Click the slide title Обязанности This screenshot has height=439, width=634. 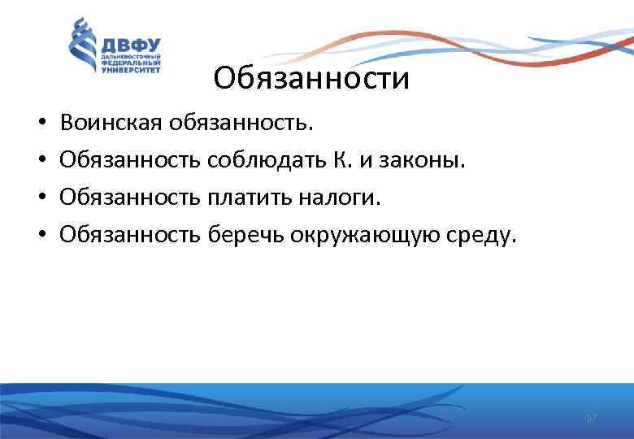311,80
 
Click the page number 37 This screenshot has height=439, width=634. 592,418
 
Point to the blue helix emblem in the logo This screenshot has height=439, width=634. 82,47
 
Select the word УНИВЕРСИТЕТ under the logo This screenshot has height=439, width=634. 131,69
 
